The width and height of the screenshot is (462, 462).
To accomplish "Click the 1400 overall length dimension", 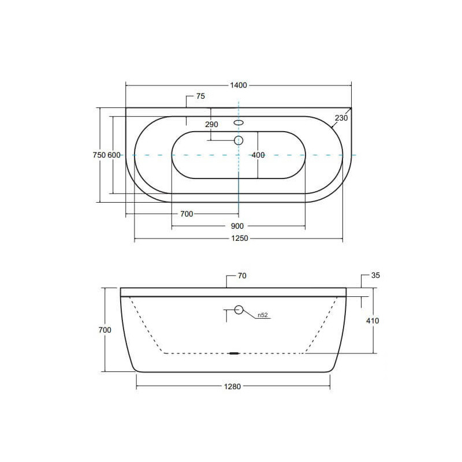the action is [x=239, y=85].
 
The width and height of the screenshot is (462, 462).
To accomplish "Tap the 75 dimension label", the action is [x=200, y=96].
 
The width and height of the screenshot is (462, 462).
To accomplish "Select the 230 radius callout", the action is [x=341, y=118].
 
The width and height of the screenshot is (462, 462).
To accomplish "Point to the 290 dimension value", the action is [x=211, y=124].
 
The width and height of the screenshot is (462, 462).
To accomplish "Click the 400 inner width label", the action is [x=258, y=155].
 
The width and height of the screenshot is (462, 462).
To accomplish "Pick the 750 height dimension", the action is [x=99, y=155].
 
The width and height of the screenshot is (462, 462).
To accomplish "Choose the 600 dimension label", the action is [x=114, y=155].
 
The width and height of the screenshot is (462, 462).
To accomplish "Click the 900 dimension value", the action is [x=237, y=226].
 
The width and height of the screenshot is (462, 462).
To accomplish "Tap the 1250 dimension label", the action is [x=240, y=238].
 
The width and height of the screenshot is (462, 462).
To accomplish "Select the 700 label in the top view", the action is [x=187, y=214].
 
